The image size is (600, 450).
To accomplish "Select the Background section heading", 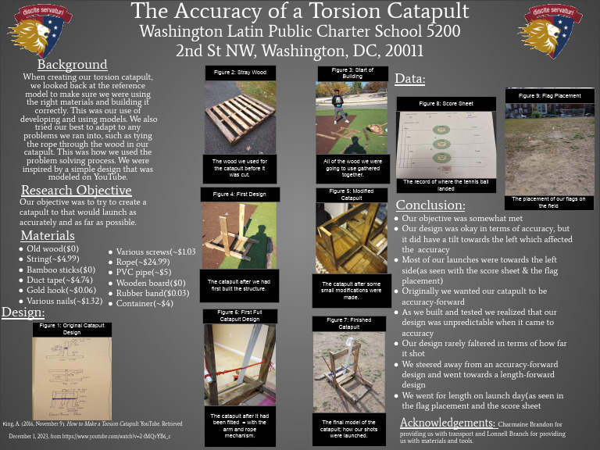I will (73, 64).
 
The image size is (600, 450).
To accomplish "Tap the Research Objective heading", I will (76, 190).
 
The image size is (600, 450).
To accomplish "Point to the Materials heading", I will (48, 235).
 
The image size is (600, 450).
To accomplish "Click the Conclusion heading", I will (430, 205).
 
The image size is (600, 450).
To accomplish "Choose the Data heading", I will (410, 79).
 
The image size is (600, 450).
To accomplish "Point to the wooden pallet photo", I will (240, 117).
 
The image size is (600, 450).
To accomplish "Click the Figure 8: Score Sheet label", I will (446, 103).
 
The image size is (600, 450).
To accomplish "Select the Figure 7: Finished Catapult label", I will (349, 323).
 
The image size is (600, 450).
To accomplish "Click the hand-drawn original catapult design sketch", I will (72, 377).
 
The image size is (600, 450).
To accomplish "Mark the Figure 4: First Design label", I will (240, 195).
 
